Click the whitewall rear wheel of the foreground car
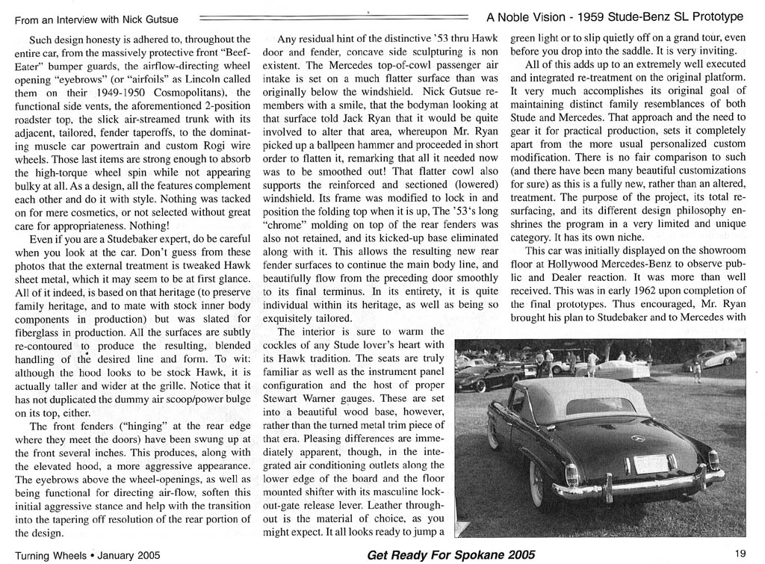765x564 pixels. [x=536, y=478]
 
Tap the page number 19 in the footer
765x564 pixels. [x=740, y=554]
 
